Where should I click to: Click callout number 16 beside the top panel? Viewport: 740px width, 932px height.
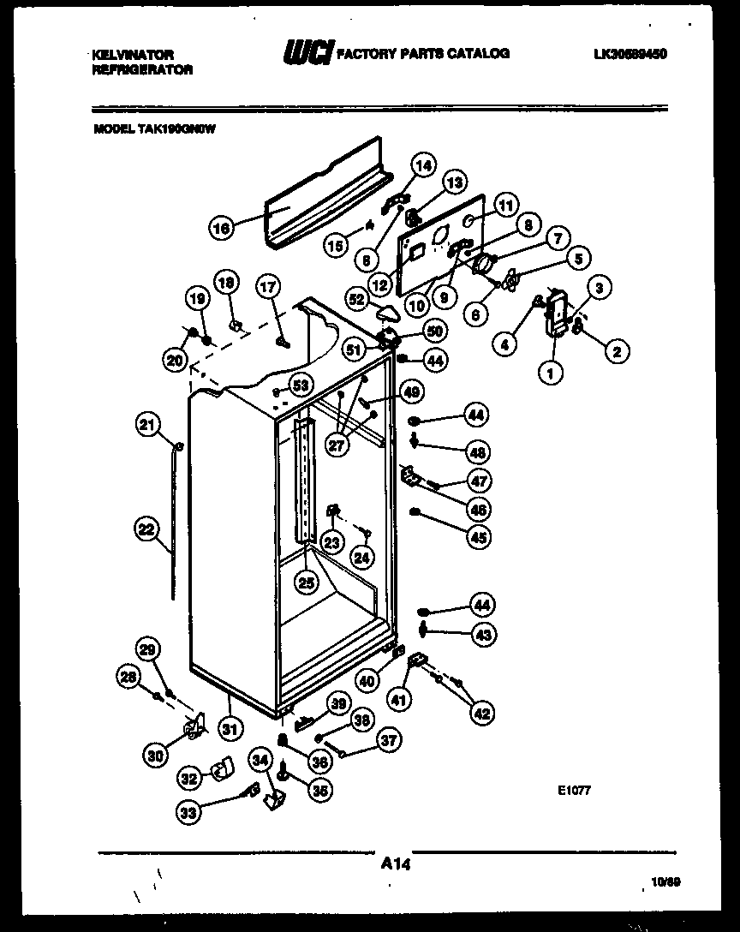coord(221,228)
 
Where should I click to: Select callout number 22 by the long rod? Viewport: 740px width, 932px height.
coord(146,530)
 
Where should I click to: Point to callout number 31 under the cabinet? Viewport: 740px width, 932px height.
coord(229,729)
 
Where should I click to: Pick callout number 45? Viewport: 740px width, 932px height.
coord(478,537)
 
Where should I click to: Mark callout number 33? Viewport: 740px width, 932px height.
coord(188,812)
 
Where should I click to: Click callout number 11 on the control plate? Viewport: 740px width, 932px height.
coord(506,205)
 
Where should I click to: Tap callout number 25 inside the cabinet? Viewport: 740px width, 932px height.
coord(306,582)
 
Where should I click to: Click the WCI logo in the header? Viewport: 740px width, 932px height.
coord(307,54)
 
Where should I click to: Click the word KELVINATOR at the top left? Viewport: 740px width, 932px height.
coord(133,54)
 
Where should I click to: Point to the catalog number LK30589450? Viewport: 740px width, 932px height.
coord(630,54)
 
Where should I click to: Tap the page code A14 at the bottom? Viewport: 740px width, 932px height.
coord(397,866)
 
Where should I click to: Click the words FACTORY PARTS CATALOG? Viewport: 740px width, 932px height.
coord(424,54)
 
